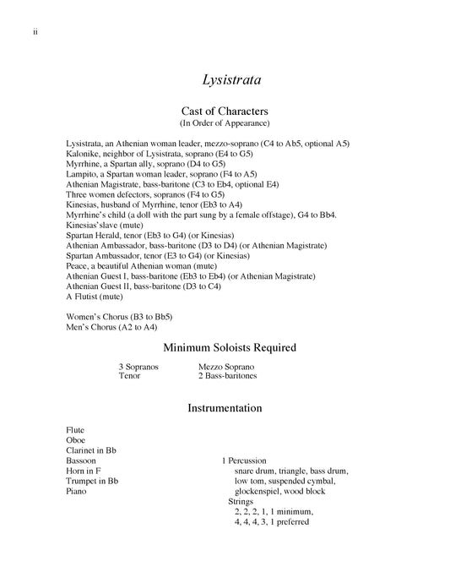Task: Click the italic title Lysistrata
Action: tap(231, 81)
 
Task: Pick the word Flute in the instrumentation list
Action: tap(76, 429)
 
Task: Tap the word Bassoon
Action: tap(81, 460)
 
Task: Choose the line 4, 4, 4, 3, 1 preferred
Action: tap(272, 521)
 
